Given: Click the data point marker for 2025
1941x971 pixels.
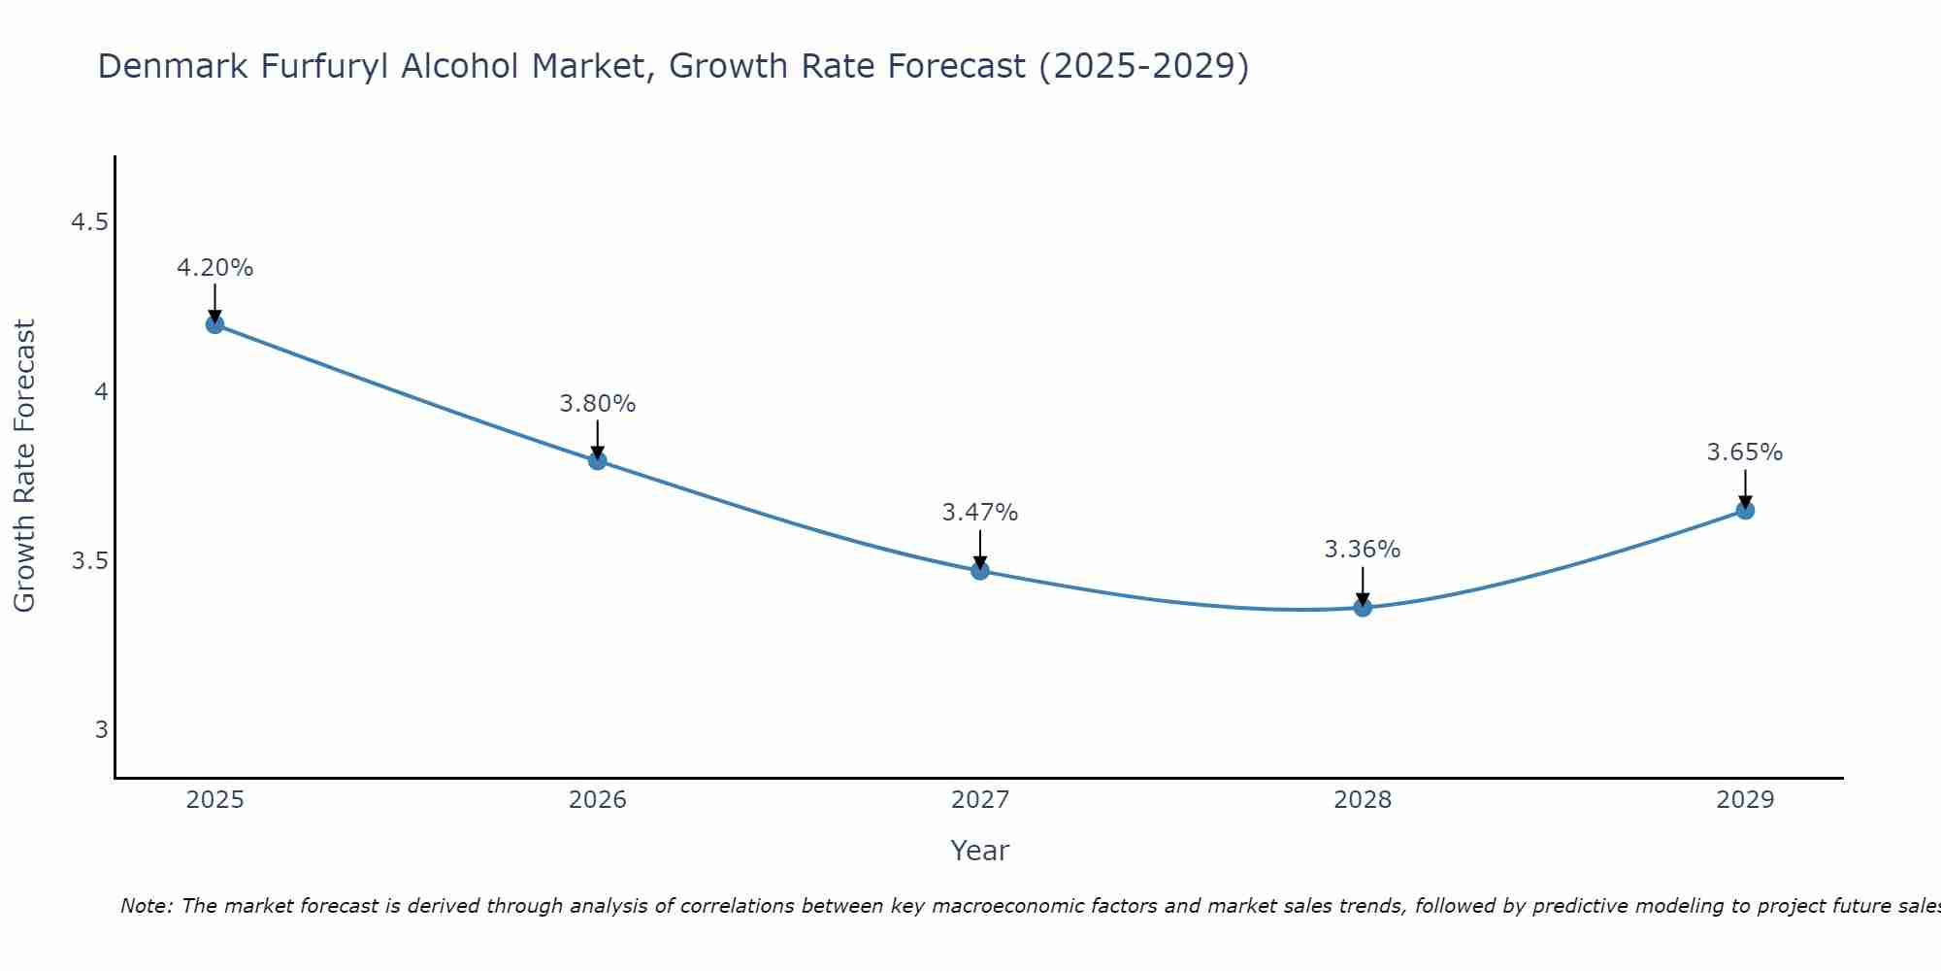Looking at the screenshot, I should [x=214, y=324].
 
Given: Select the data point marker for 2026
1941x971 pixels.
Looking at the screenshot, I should [x=598, y=460].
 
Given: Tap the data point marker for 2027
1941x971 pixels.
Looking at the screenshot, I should [x=980, y=571].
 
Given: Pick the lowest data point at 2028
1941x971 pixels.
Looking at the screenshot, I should [x=1363, y=608].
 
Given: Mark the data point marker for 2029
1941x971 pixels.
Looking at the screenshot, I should [x=1745, y=510].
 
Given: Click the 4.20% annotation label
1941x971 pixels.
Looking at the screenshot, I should [x=214, y=268].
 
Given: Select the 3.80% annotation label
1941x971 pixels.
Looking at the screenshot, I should [x=598, y=404].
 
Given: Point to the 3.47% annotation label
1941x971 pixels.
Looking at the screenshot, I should [x=980, y=513].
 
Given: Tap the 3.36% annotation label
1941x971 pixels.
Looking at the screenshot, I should [x=1363, y=550].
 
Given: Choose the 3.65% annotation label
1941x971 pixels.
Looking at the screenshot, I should [x=1745, y=452].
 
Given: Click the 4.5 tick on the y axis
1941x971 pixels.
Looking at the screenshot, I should [x=89, y=223].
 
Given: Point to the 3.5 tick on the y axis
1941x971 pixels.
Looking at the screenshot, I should [x=89, y=561].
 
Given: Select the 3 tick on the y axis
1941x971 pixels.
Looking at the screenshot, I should [x=101, y=730].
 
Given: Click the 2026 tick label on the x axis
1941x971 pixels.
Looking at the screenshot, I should [x=598, y=800].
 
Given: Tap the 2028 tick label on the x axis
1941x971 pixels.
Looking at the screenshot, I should [x=1363, y=800].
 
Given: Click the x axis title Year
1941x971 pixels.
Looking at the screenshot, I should [x=980, y=851].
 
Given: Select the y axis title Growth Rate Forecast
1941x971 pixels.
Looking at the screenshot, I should [x=24, y=466].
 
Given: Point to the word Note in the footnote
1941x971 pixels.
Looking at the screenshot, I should [x=146, y=906].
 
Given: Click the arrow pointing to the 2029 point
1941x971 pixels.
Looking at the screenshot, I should [x=1745, y=488].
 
